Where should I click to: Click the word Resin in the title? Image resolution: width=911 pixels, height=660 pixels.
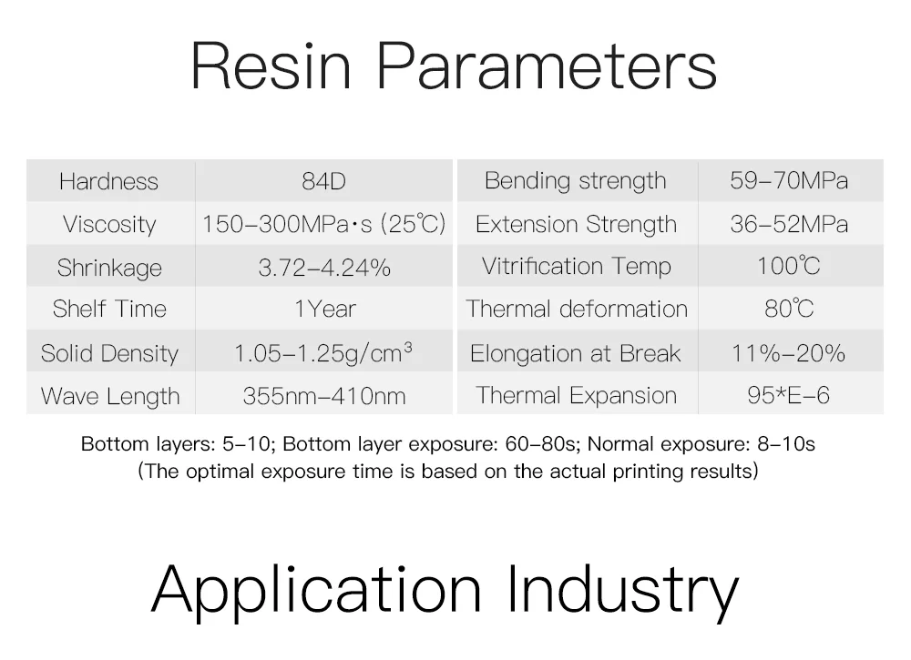click(x=271, y=66)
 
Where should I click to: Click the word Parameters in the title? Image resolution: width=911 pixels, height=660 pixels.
click(x=547, y=66)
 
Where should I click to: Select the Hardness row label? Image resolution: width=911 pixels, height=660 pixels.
click(x=108, y=182)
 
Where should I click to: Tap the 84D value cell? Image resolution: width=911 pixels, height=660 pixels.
click(x=323, y=182)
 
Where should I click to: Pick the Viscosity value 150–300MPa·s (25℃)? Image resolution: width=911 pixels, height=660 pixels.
click(x=323, y=224)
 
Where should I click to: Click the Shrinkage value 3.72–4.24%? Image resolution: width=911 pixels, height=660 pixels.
click(x=324, y=268)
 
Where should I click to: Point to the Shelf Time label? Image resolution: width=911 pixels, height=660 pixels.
click(x=109, y=309)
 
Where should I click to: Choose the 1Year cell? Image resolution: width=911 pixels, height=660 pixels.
click(x=325, y=309)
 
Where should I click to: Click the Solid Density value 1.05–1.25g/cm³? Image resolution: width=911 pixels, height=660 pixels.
click(x=323, y=353)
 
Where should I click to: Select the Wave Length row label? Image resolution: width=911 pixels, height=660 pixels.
click(x=110, y=397)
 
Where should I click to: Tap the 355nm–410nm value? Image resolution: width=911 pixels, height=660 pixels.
click(x=324, y=397)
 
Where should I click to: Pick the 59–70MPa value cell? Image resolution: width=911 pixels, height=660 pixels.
click(x=789, y=180)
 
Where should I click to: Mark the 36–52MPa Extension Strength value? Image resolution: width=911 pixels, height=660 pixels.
click(x=789, y=224)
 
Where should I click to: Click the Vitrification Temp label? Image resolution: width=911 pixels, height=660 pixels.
click(x=577, y=267)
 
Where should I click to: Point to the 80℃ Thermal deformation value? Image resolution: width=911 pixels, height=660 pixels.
click(x=789, y=309)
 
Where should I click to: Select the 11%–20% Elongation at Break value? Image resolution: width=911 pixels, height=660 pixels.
click(x=788, y=353)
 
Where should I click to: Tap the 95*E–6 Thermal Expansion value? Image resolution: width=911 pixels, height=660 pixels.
click(x=788, y=395)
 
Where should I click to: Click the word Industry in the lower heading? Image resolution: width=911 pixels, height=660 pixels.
click(x=623, y=590)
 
